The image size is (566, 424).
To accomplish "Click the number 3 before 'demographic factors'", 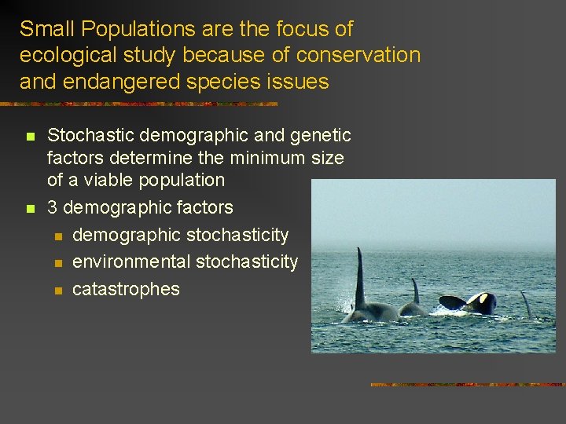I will coord(53,207).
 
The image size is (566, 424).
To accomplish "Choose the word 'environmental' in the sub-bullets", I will coord(130,261).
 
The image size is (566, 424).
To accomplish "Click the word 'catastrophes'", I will coord(126,289).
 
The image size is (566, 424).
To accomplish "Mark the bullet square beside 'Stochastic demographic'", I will coord(30,137).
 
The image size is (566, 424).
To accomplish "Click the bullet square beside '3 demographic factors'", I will coord(30,208).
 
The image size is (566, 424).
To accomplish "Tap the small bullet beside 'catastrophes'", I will coord(57,290).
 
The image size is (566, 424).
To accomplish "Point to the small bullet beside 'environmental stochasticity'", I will coord(57,262).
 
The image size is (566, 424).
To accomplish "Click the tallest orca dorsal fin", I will coord(360,279).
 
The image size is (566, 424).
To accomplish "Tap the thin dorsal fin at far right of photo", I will coord(525,303).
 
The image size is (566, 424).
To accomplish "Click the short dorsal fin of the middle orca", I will coord(415,293).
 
